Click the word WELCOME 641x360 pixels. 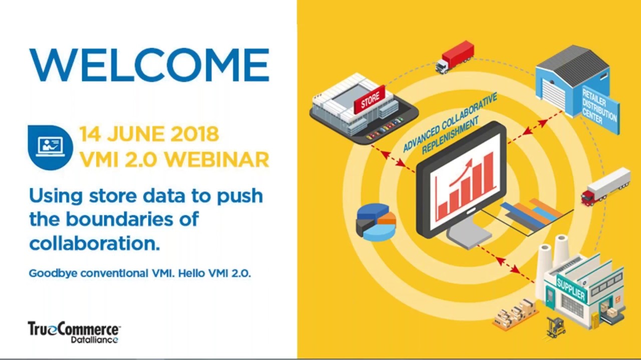click(149, 65)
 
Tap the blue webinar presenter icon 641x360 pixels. click(50, 147)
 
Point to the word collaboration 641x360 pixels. click(94, 243)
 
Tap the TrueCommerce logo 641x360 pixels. click(74, 332)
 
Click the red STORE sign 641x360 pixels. click(370, 100)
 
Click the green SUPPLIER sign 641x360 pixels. click(571, 288)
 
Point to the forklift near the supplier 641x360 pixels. click(556, 326)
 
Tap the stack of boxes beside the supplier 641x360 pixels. click(515, 312)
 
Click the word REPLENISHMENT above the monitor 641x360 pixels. click(451, 135)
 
